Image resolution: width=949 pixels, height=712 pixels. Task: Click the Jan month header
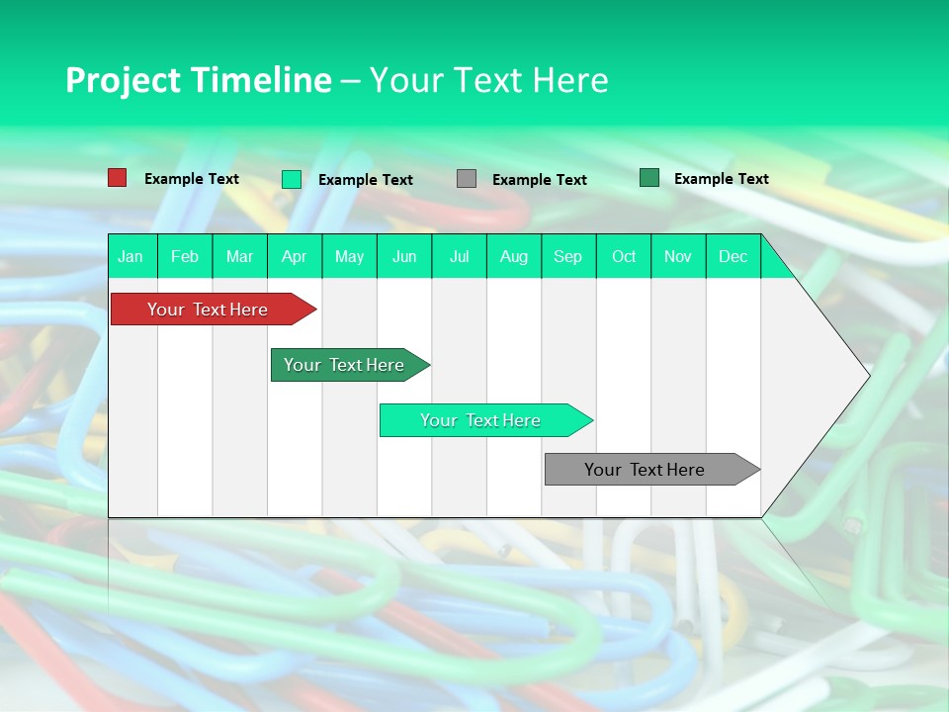tap(130, 256)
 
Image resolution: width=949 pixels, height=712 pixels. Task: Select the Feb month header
tap(185, 256)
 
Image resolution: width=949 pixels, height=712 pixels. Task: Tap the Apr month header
tap(295, 256)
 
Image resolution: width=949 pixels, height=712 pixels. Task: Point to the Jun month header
tap(404, 256)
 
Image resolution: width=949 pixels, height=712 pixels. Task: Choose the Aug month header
tap(514, 256)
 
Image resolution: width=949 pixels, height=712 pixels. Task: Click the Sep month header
tap(568, 256)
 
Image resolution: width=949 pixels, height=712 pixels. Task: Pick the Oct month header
tap(624, 256)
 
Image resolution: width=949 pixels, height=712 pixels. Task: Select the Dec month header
tap(733, 256)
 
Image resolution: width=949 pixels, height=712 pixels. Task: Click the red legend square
tap(118, 178)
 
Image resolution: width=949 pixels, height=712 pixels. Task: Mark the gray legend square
tap(467, 179)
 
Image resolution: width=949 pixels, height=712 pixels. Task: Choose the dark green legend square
tap(649, 178)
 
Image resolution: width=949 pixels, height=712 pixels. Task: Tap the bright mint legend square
tap(292, 179)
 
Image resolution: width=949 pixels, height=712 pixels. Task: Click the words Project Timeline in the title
tap(198, 80)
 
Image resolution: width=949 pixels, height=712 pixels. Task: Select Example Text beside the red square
tap(192, 179)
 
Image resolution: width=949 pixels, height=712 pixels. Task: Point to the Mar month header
tap(240, 256)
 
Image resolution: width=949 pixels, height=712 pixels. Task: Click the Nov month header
tap(678, 256)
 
